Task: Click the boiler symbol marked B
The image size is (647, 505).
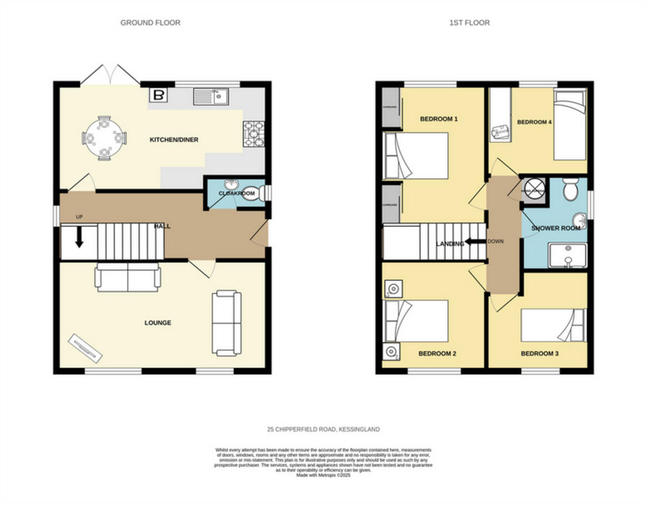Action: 158,95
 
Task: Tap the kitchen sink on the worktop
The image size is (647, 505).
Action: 212,97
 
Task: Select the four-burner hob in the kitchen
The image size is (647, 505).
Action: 254,135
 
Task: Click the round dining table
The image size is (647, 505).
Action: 104,137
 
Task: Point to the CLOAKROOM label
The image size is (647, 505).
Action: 237,193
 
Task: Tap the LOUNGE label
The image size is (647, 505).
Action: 158,323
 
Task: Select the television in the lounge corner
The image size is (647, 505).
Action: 85,348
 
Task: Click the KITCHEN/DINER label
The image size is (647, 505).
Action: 174,140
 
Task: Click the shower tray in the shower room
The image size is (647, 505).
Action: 567,255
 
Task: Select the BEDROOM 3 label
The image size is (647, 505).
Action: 540,353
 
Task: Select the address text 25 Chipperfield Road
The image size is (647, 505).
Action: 323,429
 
